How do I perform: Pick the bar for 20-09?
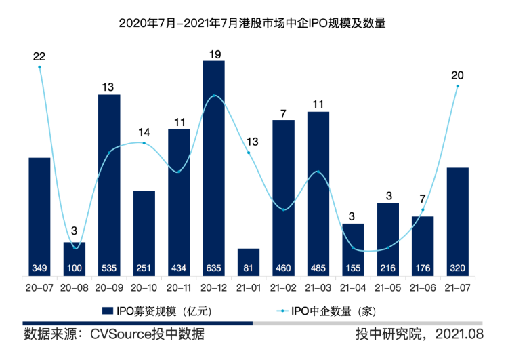pos(109,183)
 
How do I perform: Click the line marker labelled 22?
pos(40,67)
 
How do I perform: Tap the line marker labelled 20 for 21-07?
pos(458,86)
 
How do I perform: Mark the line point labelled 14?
pos(144,143)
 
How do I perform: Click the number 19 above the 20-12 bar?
pos(214,52)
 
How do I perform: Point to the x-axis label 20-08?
pos(75,287)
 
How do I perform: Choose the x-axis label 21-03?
pos(318,287)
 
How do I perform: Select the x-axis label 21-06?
pos(423,287)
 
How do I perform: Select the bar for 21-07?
pos(458,220)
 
